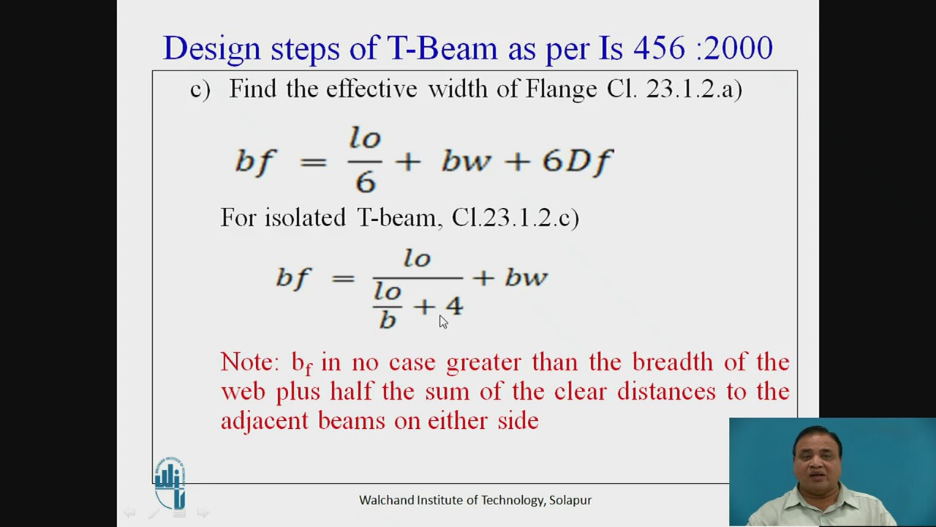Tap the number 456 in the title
tap(659, 48)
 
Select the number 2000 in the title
tap(739, 48)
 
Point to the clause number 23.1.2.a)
tap(694, 89)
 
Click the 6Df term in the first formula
tap(577, 161)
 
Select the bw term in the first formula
tap(466, 161)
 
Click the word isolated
tap(305, 217)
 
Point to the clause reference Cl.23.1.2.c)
tap(516, 217)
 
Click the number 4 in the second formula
tap(453, 306)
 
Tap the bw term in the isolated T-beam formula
tap(526, 277)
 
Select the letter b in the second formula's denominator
tap(387, 320)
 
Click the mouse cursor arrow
tap(443, 322)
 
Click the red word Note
tap(249, 362)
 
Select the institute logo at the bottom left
tap(170, 483)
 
